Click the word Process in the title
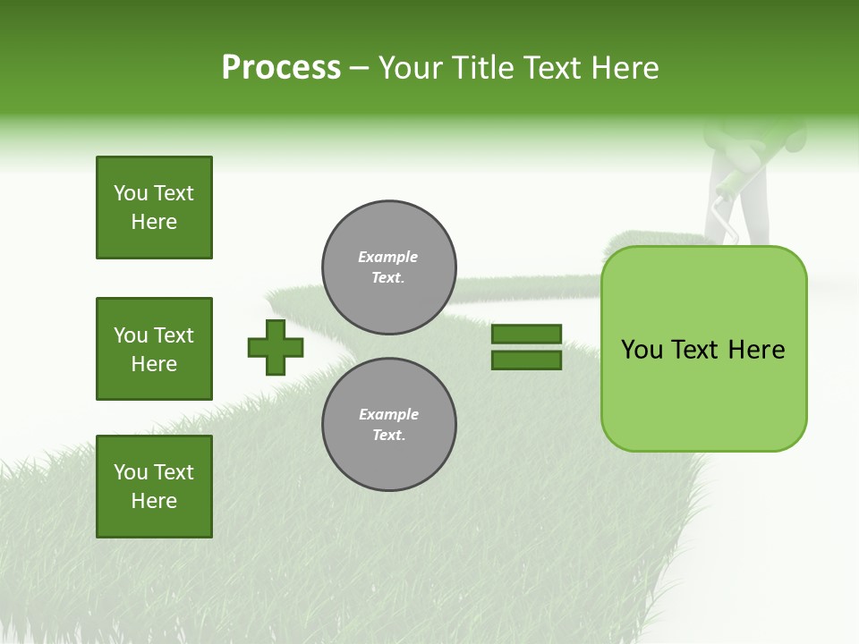click(281, 68)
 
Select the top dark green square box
click(154, 208)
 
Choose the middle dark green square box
click(154, 349)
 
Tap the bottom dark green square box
click(154, 487)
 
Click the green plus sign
click(276, 347)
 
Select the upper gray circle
click(389, 267)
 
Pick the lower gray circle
click(389, 424)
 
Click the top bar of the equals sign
click(526, 334)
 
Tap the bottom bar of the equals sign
click(526, 360)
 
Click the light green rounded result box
click(703, 349)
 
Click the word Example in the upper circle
click(388, 257)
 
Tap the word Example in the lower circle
click(388, 414)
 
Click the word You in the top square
click(131, 193)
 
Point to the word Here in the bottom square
click(154, 501)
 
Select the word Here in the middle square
click(154, 364)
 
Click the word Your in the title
click(411, 68)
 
